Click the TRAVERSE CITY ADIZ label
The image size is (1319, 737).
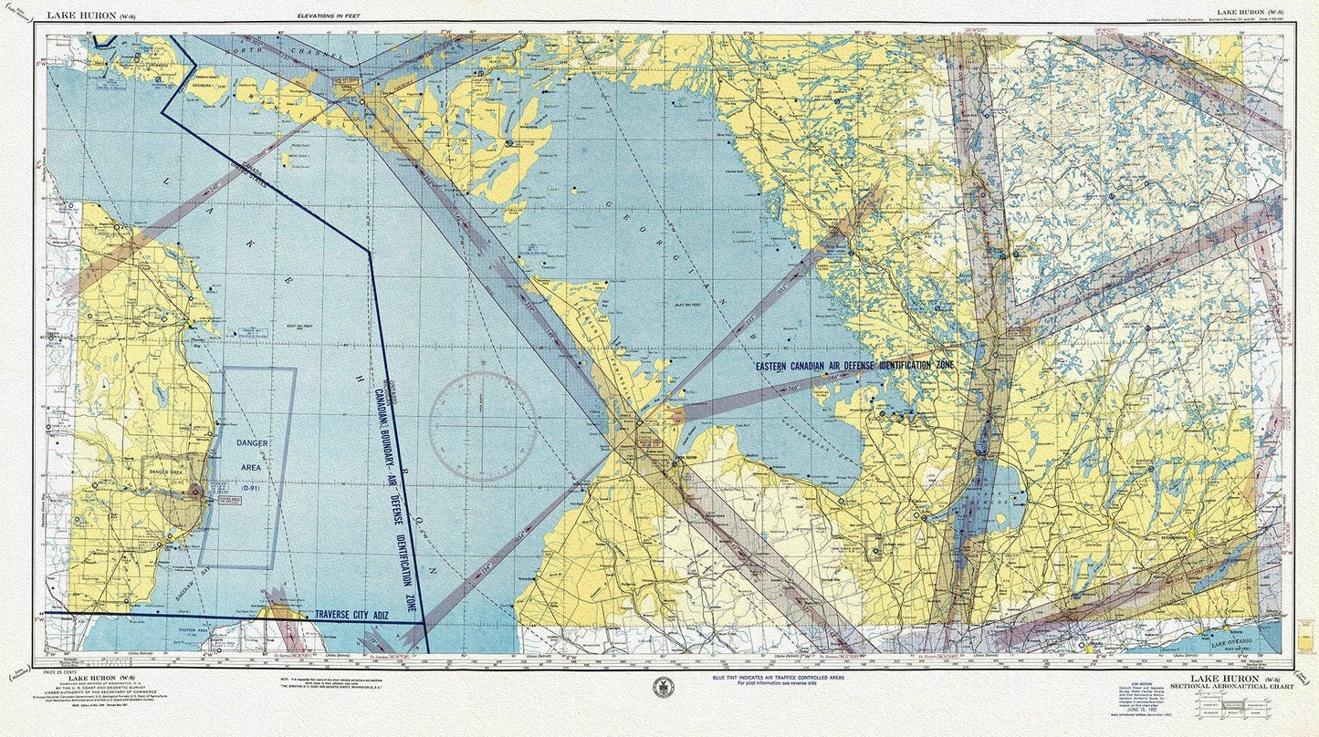pyautogui.click(x=351, y=616)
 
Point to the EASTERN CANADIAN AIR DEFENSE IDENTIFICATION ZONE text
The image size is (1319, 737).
pyautogui.click(x=856, y=365)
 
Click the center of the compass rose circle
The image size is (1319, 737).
pyautogui.click(x=482, y=426)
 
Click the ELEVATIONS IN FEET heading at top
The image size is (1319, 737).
pyautogui.click(x=329, y=16)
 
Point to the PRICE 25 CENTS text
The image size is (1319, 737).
pyautogui.click(x=60, y=671)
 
